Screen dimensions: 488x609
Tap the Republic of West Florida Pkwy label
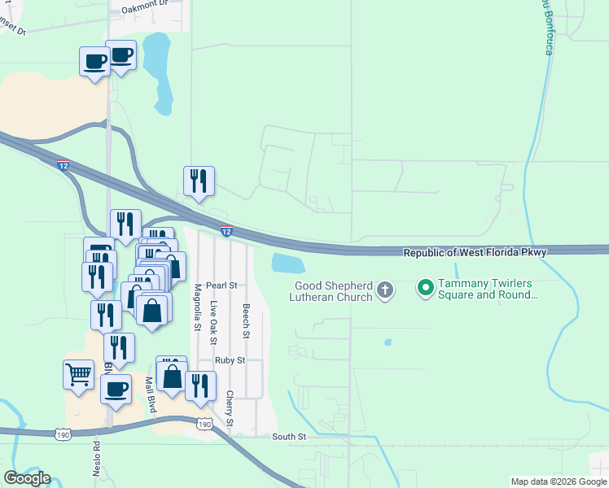[475, 253]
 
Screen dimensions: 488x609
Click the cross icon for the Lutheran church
[386, 290]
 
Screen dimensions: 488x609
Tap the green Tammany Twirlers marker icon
[424, 287]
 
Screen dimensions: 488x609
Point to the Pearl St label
[221, 285]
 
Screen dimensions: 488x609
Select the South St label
[289, 437]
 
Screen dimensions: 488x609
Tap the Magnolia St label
[197, 307]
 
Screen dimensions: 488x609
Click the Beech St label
[246, 321]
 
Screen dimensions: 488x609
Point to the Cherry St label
[230, 409]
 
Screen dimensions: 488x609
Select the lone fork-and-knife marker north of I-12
[199, 181]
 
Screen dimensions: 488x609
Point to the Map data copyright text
[559, 481]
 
